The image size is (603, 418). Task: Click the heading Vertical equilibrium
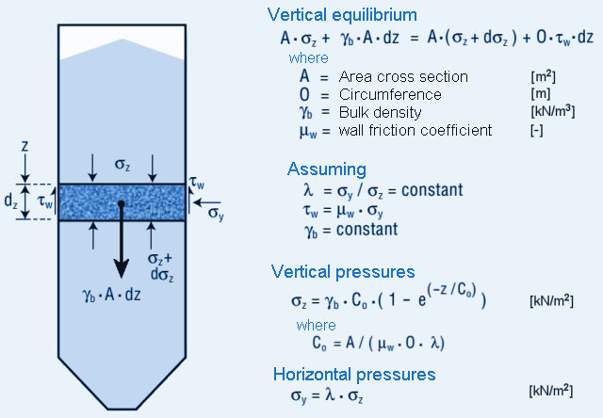tap(342, 14)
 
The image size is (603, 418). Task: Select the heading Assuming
tap(326, 169)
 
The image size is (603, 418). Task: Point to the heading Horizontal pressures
tap(353, 374)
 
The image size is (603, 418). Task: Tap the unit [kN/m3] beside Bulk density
tap(551, 112)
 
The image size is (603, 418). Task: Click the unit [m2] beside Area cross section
tap(545, 76)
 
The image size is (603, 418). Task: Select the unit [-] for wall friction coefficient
tap(537, 130)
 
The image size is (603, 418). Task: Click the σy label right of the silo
tap(216, 215)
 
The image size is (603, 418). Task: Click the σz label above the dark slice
tap(122, 167)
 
